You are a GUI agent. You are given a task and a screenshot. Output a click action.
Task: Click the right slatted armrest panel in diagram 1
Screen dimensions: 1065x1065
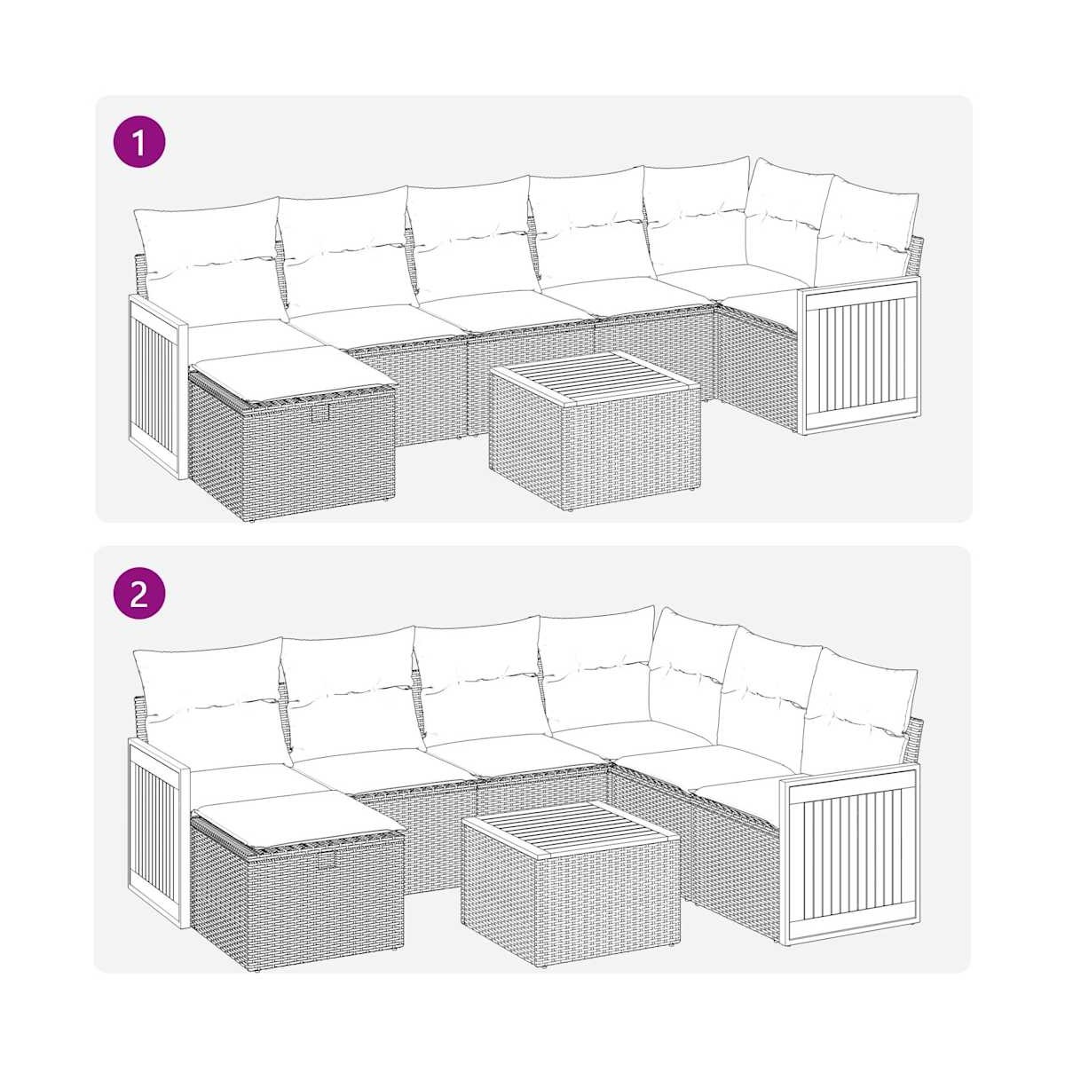[x=859, y=355]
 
